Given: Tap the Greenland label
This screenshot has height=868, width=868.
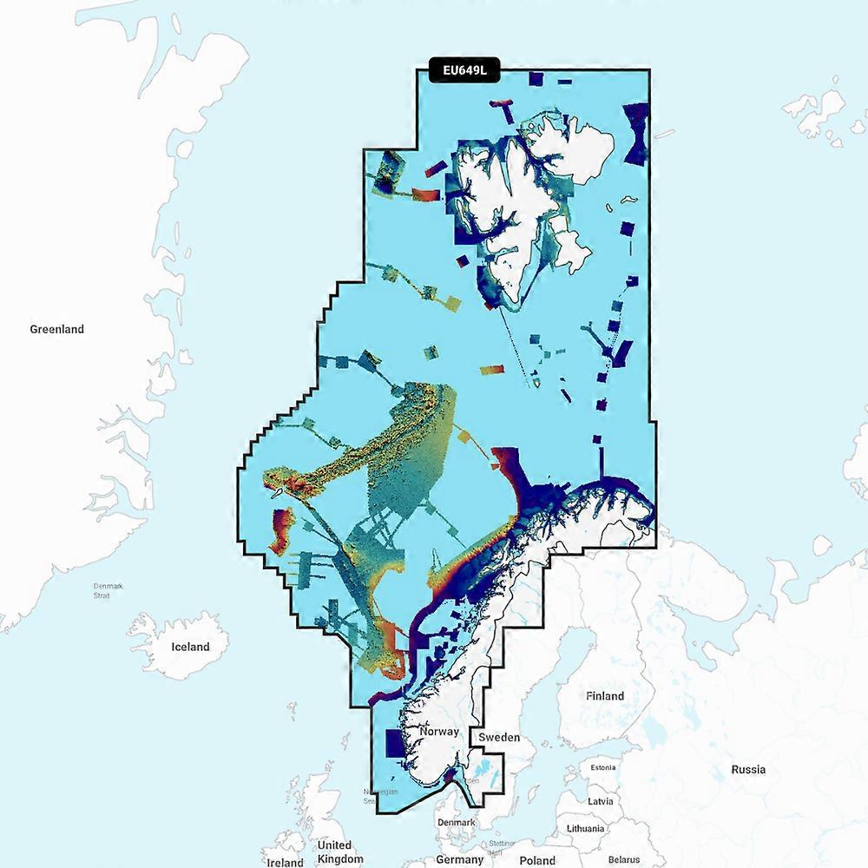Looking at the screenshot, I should (57, 329).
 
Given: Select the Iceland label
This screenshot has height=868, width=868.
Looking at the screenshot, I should (190, 647).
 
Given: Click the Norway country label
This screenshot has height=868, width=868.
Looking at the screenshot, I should (438, 732).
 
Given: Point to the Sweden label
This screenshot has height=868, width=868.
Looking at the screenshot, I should (500, 737).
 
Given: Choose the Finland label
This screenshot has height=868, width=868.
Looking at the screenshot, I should (605, 696).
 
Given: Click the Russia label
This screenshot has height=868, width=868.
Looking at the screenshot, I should (748, 769).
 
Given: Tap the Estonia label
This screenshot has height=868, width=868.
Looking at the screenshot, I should (603, 767).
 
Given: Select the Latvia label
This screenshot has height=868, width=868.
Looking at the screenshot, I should (601, 800).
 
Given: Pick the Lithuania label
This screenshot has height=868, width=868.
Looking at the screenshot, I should (586, 828).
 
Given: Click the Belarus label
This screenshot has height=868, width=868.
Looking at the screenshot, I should (623, 859).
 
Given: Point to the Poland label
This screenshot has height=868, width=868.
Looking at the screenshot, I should (537, 860).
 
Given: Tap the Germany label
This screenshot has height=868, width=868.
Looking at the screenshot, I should (459, 859).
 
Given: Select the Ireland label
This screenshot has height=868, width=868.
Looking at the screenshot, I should (285, 862).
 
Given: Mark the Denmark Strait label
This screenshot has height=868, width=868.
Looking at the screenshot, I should (108, 590).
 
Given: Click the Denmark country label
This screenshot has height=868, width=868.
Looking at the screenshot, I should (457, 822).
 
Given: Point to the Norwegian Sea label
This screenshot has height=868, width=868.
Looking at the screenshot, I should (381, 796).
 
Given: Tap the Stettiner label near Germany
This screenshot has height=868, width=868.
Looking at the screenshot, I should (502, 842).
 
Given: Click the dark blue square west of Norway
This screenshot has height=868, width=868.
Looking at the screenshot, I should (396, 743).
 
